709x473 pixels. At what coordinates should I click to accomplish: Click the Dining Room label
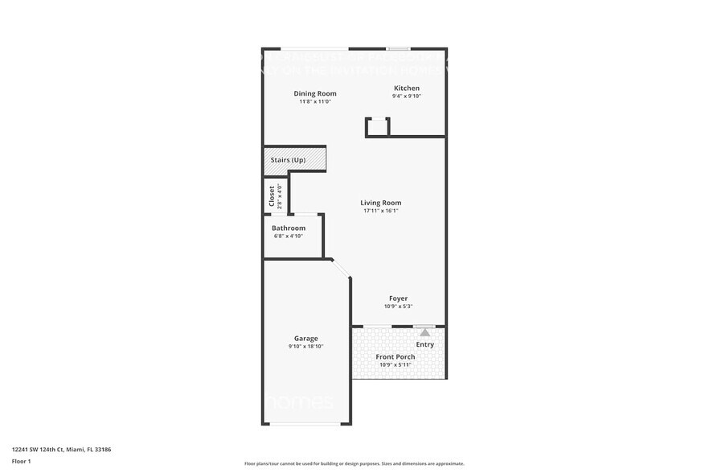tap(314, 93)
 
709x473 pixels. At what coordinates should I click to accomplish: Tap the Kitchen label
tap(406, 88)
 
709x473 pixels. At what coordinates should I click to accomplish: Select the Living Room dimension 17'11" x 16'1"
tap(380, 211)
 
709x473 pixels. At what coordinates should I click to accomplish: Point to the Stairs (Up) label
tap(288, 160)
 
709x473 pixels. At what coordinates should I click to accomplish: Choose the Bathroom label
tap(289, 228)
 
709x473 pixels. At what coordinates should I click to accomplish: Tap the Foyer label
tap(399, 298)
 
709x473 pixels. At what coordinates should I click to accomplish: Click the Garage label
tap(305, 339)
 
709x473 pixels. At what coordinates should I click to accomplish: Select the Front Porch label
tap(395, 357)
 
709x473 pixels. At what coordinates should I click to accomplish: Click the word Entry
tap(424, 344)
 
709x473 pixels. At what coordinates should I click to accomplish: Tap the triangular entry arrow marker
tap(424, 331)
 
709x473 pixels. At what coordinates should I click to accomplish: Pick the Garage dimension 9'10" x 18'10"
tap(305, 347)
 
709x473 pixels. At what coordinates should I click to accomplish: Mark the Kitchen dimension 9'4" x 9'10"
tap(406, 96)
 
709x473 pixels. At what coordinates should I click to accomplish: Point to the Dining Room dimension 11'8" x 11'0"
tap(314, 101)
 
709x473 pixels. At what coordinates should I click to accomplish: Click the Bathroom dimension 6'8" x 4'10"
tap(289, 236)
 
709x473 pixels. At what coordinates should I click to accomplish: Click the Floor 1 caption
tap(21, 461)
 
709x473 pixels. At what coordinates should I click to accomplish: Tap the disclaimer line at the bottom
tap(354, 464)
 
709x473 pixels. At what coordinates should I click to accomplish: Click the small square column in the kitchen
tap(377, 126)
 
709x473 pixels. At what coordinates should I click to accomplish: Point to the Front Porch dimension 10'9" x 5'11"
tap(395, 366)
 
